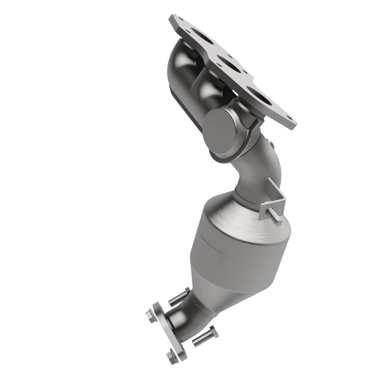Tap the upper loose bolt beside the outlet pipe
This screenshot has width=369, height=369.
[x=178, y=296]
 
